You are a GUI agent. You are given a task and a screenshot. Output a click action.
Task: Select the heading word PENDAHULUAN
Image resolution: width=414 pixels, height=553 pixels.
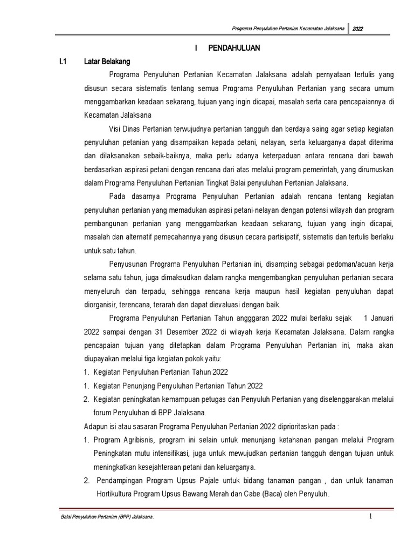tap(234, 49)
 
